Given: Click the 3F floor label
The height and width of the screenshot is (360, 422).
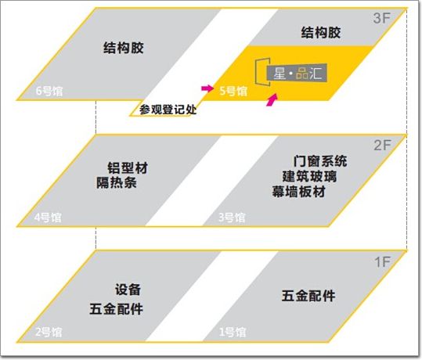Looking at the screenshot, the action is pos(381,18).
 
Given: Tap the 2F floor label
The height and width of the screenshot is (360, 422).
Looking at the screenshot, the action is pos(382,146).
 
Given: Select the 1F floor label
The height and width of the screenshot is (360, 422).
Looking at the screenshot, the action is pos(382,262).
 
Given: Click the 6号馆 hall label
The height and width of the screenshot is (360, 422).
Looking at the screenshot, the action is pos(49,91).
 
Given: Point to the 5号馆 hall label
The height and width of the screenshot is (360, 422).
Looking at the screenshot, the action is pos(233,91).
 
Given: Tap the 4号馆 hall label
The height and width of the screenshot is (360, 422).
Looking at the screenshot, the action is pos(48,218).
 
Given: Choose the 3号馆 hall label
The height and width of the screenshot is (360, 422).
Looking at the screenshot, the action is pos(232,218).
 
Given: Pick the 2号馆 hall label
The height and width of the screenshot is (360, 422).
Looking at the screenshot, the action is pos(49,333).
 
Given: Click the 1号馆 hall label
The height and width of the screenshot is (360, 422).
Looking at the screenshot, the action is pos(233,333).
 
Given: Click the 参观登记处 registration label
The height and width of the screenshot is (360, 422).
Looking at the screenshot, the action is pos(168,110).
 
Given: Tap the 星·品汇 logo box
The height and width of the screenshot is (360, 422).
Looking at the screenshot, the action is pos(297,73).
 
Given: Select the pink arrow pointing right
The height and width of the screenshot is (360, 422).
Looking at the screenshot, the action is pos(207,88).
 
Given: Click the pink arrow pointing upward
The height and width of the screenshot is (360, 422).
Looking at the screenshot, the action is pos(272,100).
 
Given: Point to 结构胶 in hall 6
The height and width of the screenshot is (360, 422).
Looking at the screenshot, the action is pos(124,48).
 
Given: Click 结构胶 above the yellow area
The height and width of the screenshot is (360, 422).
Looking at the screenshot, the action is pos(321,33).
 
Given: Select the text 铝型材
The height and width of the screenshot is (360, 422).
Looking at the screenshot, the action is pos(128,168).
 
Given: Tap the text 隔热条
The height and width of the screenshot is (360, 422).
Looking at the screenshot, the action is pos(117,182).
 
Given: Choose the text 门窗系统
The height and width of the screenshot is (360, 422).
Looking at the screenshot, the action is pos(320,161).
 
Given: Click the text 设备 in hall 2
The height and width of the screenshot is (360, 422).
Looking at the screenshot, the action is pos(128,290).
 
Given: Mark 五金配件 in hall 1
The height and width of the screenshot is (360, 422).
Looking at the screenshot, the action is pos(308,296).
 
